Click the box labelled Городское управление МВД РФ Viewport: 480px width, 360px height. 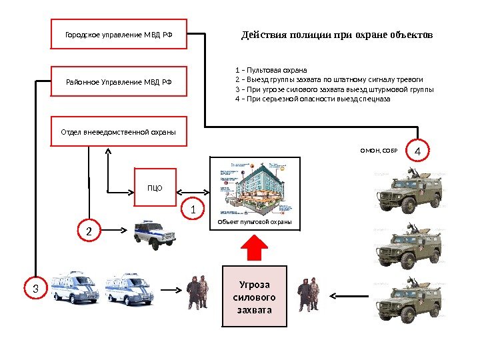coord(119,34)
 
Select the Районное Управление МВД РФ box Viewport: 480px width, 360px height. coord(119,82)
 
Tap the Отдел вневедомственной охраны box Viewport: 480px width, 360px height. coord(119,131)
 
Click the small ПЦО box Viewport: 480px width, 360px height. coord(155,188)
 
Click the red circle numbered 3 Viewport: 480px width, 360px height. coord(36,289)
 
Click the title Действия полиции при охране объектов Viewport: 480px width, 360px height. coord(337,34)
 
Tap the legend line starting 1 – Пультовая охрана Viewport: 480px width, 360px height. coord(271,69)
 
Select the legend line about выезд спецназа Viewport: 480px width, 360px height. coord(313,98)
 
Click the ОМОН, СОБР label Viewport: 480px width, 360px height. coord(379,151)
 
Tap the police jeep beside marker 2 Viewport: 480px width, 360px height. coord(155,234)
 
